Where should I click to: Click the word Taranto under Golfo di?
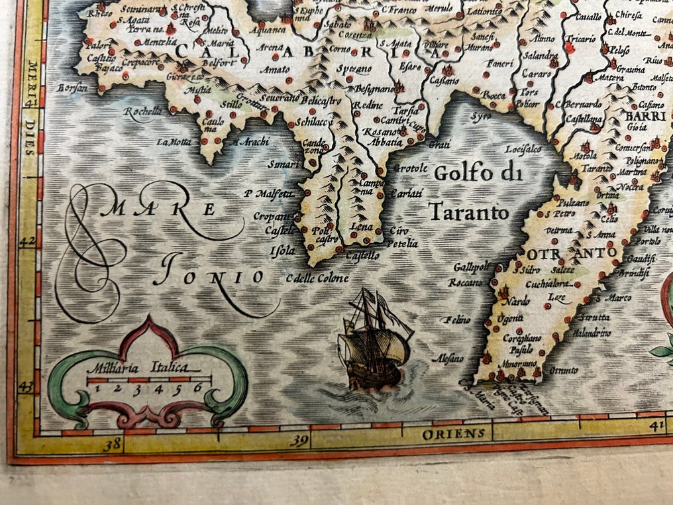point(468,212)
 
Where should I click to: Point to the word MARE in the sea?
point(165,209)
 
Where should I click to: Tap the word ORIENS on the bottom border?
point(456,434)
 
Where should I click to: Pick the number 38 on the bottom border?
point(113,443)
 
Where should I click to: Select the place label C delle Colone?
point(317,278)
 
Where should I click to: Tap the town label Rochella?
point(142,111)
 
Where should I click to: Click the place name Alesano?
point(448,359)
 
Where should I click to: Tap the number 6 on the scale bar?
point(197,390)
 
